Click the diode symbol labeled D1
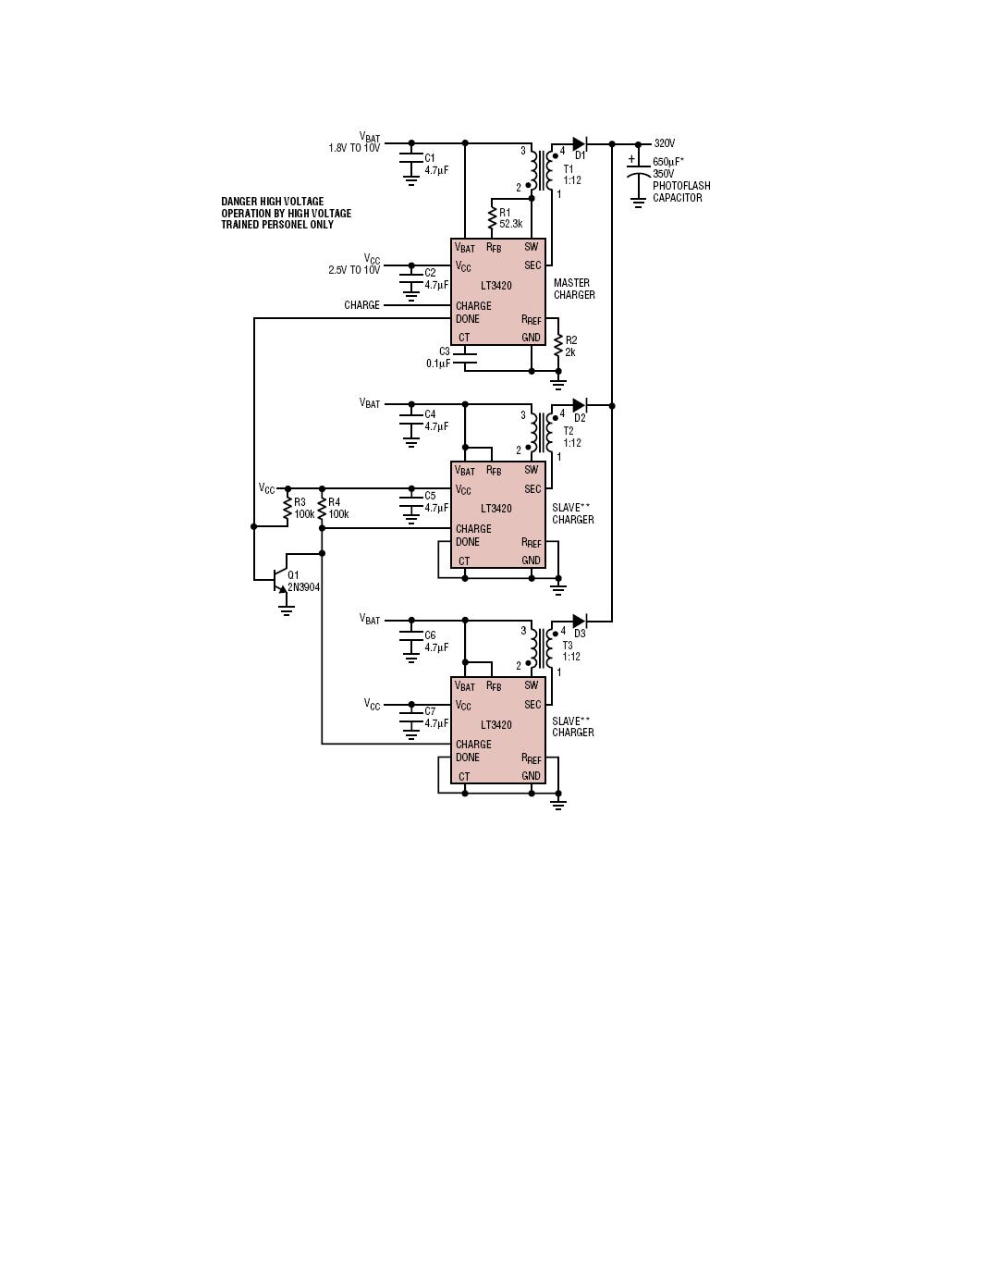click(580, 143)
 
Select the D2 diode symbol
click(580, 405)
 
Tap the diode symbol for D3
click(580, 621)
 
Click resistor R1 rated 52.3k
click(492, 218)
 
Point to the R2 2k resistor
click(558, 346)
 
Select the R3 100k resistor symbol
click(288, 508)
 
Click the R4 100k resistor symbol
click(322, 508)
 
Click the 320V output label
click(665, 143)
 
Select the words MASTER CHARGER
click(574, 289)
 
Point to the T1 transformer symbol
click(542, 169)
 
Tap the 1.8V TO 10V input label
click(353, 148)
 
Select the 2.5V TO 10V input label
click(353, 270)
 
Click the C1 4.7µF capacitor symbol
click(411, 164)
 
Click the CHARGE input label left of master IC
click(361, 305)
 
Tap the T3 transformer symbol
click(542, 647)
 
